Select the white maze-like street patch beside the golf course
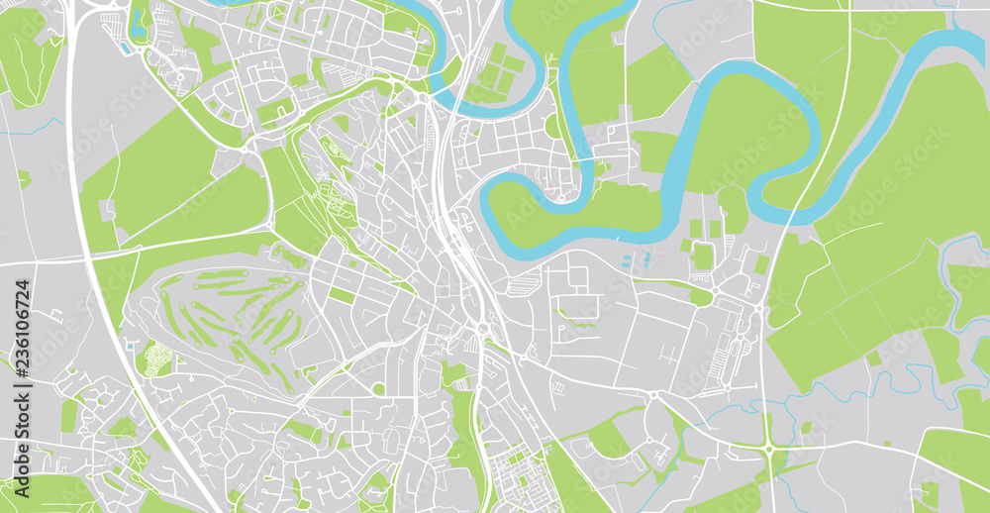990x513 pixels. tap(154, 359)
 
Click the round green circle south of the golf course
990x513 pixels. tap(378, 389)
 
